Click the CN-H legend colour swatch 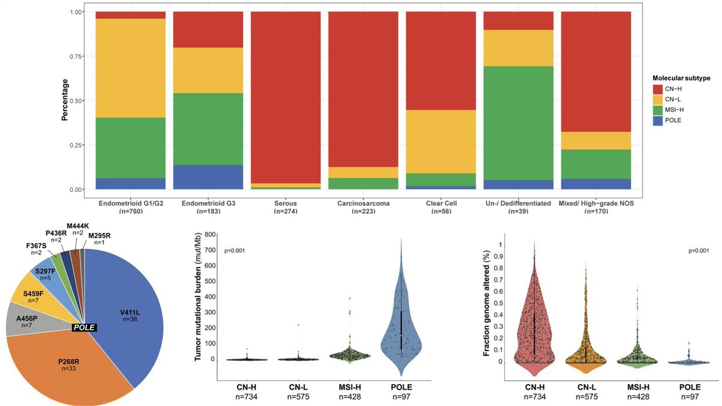click(x=658, y=89)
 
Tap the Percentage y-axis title click(x=64, y=100)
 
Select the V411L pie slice click(x=130, y=312)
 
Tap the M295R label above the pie click(x=99, y=235)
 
